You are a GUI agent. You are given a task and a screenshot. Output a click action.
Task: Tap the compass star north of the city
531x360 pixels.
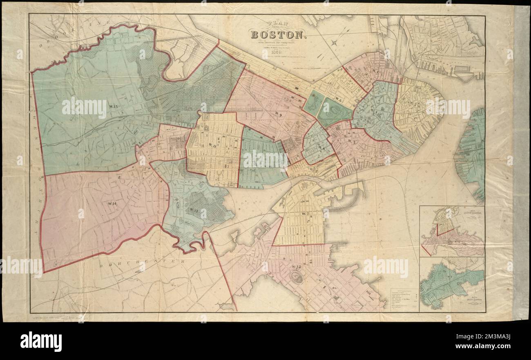[335, 42]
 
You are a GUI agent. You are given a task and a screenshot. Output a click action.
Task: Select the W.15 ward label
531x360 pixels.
[113, 107]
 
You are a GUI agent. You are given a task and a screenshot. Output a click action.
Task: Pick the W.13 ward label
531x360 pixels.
[194, 210]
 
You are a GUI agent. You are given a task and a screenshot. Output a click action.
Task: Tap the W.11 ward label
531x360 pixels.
[212, 146]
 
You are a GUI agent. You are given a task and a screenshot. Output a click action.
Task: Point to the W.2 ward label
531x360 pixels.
[416, 104]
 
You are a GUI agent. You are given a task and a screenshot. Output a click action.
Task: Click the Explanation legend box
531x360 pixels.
[402, 300]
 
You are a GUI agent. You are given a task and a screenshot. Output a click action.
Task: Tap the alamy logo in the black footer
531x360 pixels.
[41, 341]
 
